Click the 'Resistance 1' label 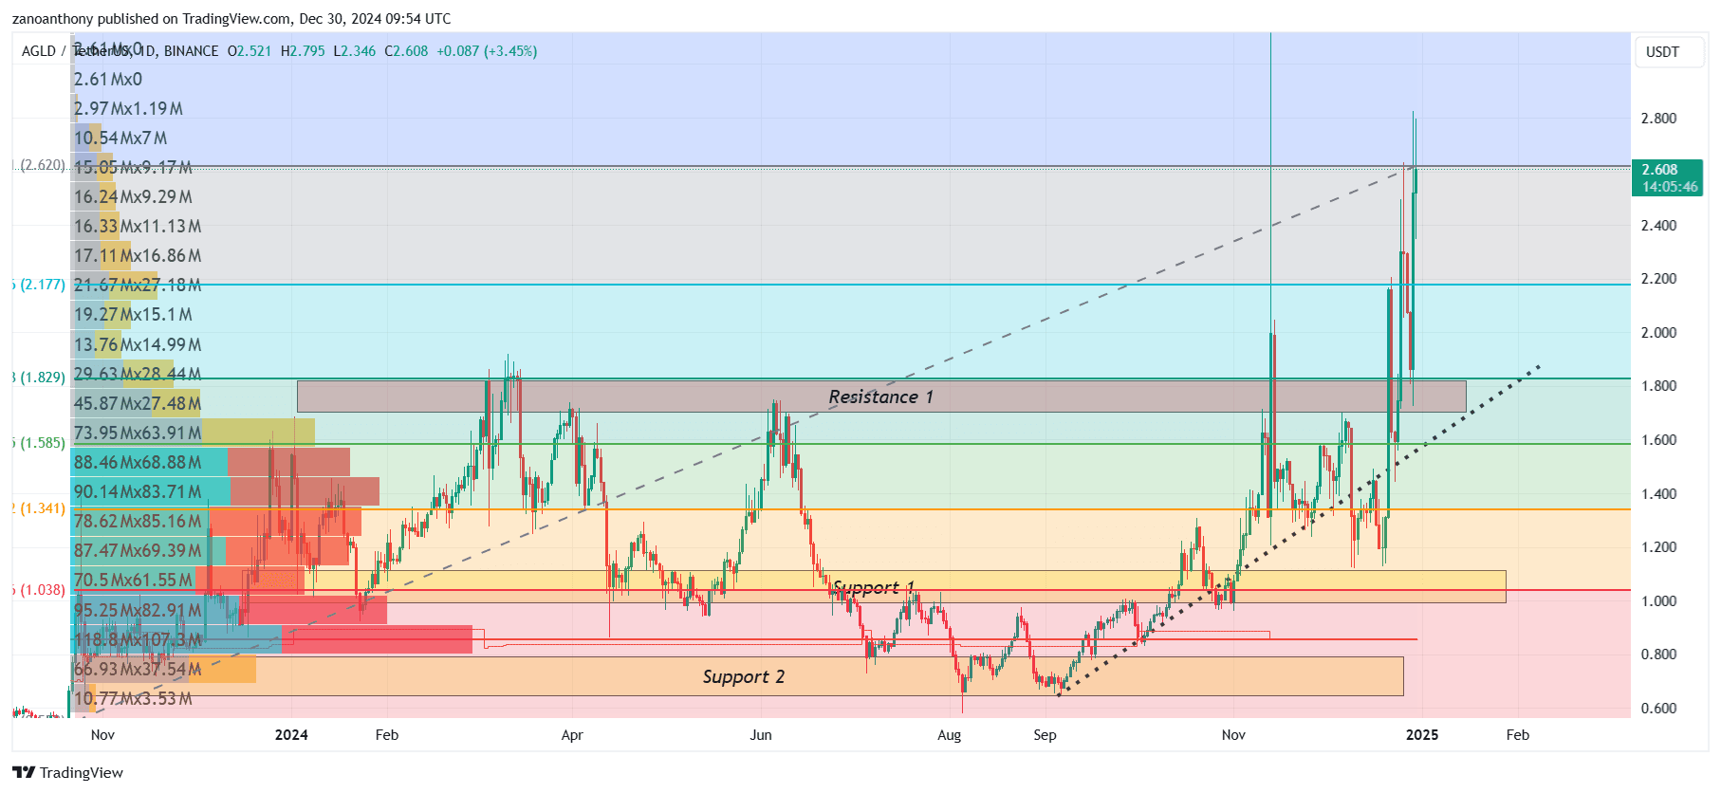tap(880, 396)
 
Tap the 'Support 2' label tap(743, 676)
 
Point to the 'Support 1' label tap(873, 587)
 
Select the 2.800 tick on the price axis tap(1658, 119)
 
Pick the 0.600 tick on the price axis tap(1658, 708)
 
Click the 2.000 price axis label tap(1658, 333)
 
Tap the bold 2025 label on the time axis tap(1421, 735)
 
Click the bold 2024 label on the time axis tap(291, 735)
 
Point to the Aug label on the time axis tap(949, 735)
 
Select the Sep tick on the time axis tap(1045, 735)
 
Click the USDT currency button tap(1662, 52)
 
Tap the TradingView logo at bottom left tap(67, 772)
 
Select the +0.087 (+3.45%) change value tap(487, 51)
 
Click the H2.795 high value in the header tap(303, 51)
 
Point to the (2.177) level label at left tap(43, 285)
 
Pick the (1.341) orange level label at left tap(43, 508)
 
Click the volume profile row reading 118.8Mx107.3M tap(138, 639)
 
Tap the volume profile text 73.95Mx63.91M tap(138, 433)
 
